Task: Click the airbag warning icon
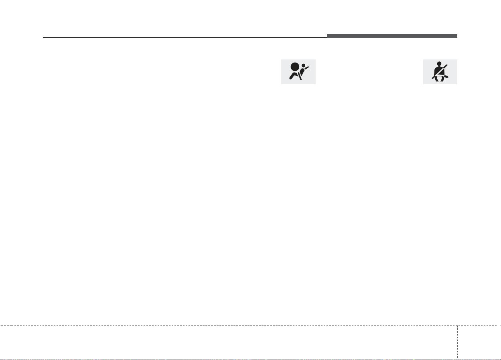(x=298, y=72)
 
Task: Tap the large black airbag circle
(x=294, y=67)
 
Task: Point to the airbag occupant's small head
(x=303, y=65)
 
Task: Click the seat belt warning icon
(x=440, y=72)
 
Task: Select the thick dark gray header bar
(x=392, y=36)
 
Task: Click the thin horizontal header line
(x=185, y=38)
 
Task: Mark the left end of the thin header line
(x=44, y=38)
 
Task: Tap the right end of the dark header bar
(x=456, y=36)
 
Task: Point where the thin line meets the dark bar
(x=327, y=37)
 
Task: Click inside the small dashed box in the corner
(x=478, y=341)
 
